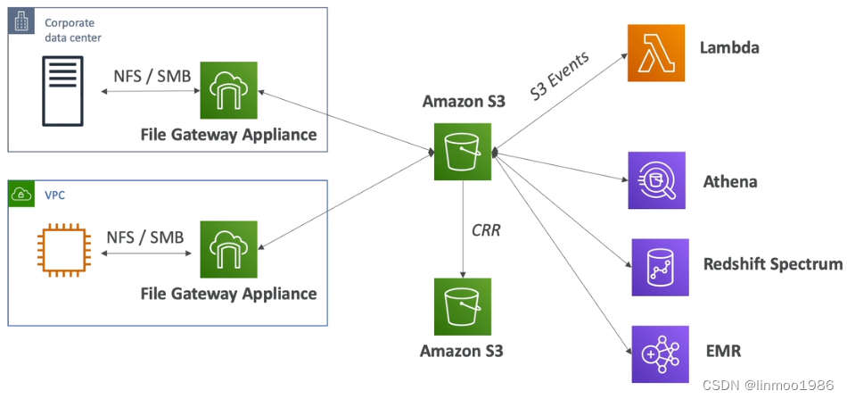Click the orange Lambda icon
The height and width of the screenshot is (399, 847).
[x=655, y=53]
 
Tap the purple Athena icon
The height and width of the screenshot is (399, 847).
[x=656, y=180]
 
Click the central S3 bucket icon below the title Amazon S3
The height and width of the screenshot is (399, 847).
[x=462, y=151]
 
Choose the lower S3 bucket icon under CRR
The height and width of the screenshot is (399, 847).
[x=462, y=306]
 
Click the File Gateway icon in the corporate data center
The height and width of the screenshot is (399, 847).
[x=228, y=91]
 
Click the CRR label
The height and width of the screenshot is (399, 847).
[x=486, y=230]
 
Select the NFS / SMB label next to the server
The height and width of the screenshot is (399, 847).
[x=152, y=76]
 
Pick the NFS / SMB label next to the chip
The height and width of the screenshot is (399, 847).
[x=145, y=237]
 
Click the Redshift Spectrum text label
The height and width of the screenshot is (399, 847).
[x=772, y=264]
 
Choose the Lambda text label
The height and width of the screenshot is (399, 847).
[x=729, y=47]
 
